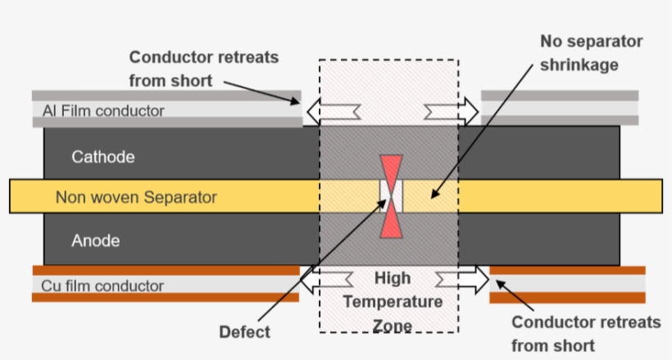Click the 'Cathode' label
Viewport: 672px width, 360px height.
tap(102, 156)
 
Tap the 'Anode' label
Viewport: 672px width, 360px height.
tap(96, 240)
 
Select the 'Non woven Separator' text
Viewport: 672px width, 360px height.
tap(136, 198)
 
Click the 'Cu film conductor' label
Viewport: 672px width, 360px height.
tap(102, 286)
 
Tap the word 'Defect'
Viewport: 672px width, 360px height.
tap(244, 332)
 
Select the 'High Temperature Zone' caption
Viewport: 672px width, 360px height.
tap(393, 302)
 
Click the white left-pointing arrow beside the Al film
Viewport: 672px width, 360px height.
tap(330, 110)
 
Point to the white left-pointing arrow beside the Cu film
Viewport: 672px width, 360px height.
tap(330, 280)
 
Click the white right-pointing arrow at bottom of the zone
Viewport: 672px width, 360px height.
tap(461, 280)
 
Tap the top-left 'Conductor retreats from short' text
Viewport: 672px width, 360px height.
tap(204, 69)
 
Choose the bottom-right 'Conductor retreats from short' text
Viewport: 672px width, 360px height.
tap(584, 334)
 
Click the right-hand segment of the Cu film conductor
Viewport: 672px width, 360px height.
tap(567, 285)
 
